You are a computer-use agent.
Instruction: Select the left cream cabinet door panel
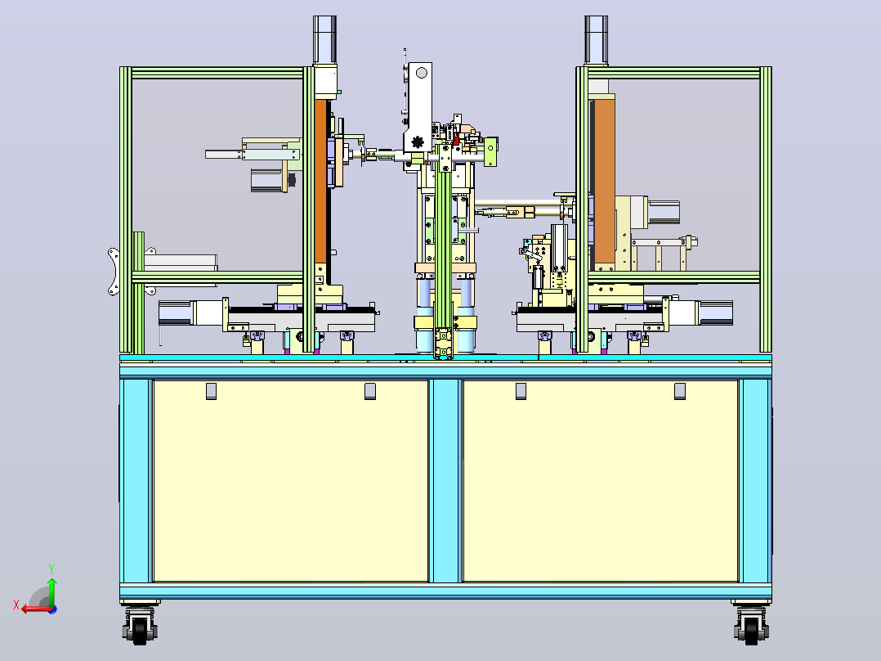tap(290, 481)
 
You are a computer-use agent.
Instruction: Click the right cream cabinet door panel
tap(600, 481)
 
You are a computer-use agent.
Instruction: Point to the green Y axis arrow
tap(51, 591)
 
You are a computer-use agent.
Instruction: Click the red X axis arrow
tap(37, 609)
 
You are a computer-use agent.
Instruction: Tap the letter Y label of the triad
tap(51, 569)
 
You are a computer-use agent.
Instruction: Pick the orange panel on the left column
tap(320, 181)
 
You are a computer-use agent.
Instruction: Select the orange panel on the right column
tap(604, 181)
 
